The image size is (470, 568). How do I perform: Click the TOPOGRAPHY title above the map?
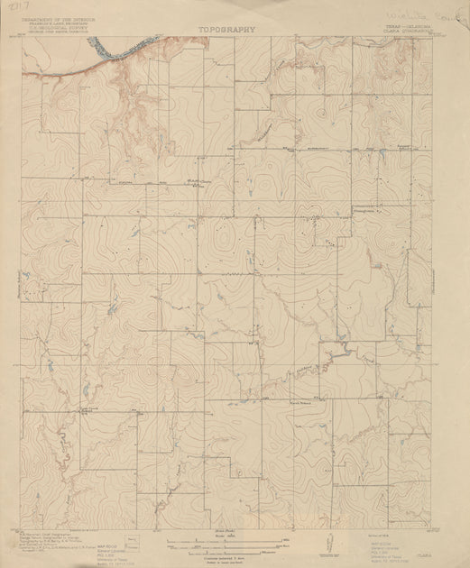point(226,28)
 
